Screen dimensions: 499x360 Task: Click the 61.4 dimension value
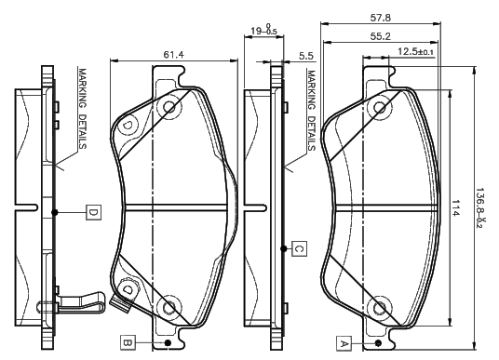click(173, 55)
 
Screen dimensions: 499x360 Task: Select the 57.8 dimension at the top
click(380, 18)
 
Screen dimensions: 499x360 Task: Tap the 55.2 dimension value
click(380, 36)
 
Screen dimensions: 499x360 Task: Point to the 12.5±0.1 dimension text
click(415, 51)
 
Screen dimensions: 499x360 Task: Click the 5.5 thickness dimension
click(306, 57)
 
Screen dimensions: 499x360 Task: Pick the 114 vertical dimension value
click(456, 208)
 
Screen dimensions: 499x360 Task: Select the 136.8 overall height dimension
click(479, 207)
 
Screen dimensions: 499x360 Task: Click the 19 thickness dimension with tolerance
click(263, 30)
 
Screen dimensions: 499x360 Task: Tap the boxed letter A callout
click(344, 343)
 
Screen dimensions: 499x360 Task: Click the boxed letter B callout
click(128, 342)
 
